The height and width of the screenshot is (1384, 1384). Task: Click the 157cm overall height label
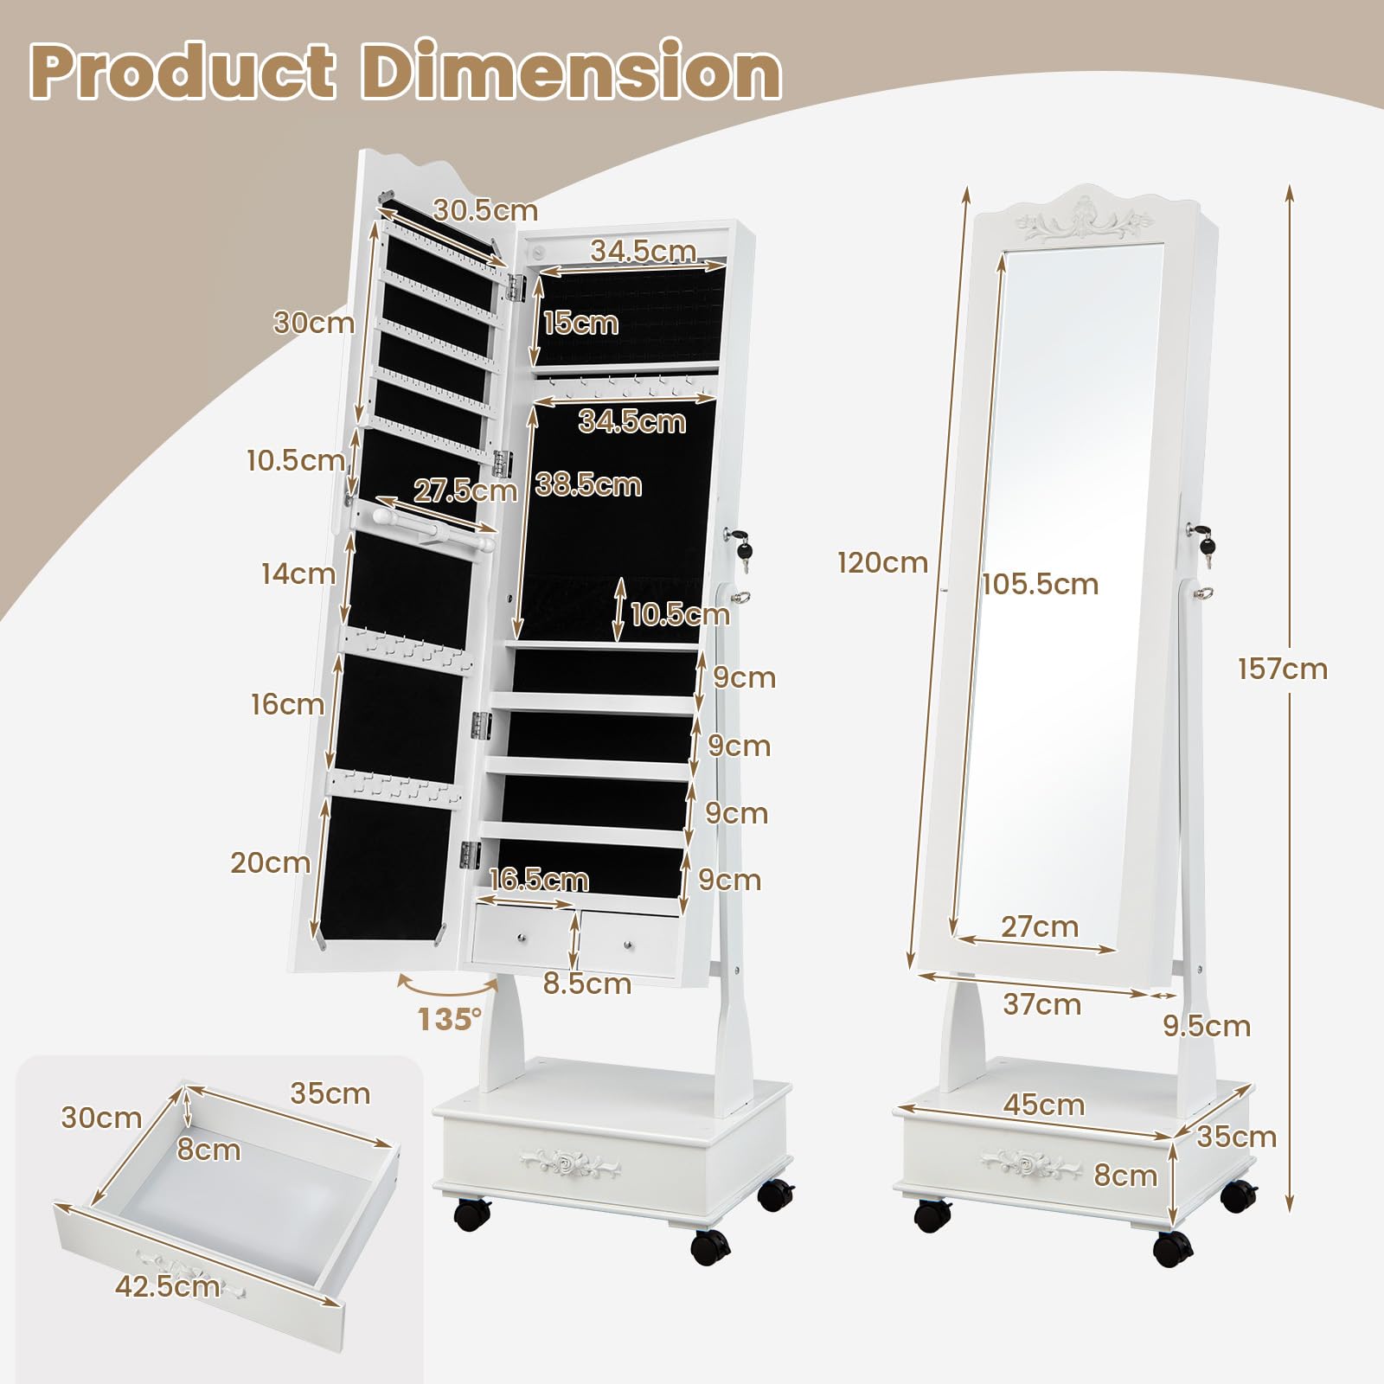[1282, 669]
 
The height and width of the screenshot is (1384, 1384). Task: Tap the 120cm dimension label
[881, 563]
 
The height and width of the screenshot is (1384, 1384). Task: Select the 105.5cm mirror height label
[1040, 584]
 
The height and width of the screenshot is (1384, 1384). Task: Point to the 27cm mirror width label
[1040, 926]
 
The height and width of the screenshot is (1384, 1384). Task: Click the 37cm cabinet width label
[1041, 1004]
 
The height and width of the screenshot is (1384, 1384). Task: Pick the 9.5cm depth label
[1207, 1026]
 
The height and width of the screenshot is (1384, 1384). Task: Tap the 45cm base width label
[1044, 1105]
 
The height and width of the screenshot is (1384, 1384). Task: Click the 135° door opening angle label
[450, 1020]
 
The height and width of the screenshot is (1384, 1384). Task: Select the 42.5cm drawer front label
[167, 1286]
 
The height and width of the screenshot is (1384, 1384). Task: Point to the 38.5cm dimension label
[588, 484]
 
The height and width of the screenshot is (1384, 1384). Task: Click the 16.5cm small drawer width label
[538, 880]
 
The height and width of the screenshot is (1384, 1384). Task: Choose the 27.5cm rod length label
[465, 490]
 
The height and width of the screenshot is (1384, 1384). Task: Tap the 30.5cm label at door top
[485, 210]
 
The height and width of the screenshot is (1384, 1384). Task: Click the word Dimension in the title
[573, 74]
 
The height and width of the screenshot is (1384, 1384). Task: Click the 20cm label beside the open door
[270, 862]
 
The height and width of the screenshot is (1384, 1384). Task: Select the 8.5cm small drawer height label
[587, 984]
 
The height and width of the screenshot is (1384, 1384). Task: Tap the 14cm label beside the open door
[298, 573]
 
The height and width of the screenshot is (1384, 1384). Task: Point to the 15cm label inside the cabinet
[580, 323]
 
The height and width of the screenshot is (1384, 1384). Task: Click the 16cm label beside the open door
[288, 704]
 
